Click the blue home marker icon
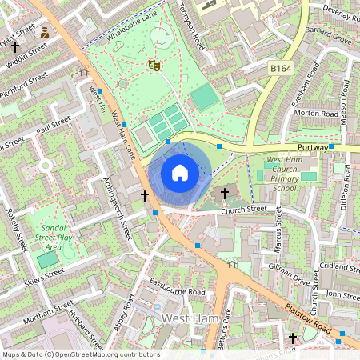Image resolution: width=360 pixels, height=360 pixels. click(x=180, y=172)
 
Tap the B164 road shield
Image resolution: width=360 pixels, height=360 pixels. click(x=281, y=70)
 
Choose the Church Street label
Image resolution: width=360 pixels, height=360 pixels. click(x=243, y=210)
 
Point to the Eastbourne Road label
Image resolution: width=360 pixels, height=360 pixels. click(x=178, y=288)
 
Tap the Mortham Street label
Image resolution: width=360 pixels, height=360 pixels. click(x=48, y=309)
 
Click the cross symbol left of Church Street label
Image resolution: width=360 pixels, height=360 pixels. click(x=225, y=193)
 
